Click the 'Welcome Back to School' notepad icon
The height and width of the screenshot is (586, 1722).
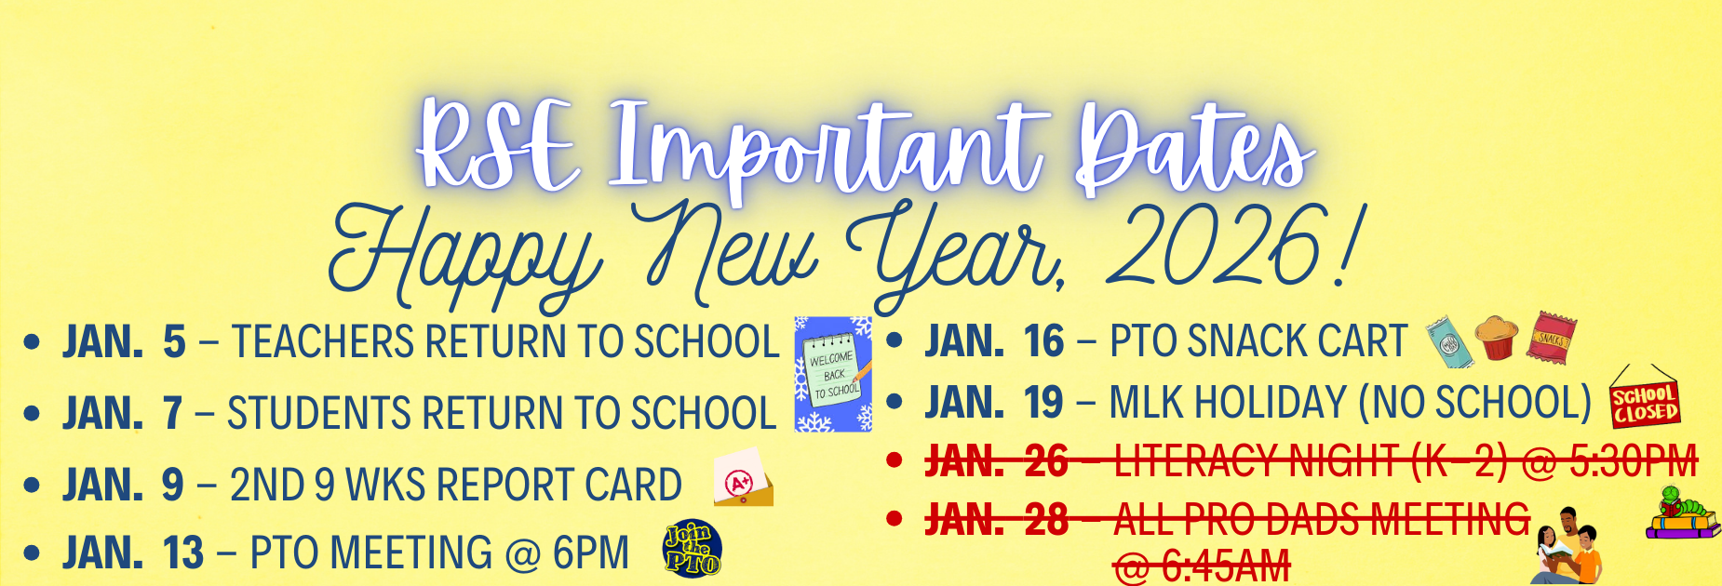[x=833, y=375]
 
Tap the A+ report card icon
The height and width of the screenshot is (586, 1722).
[x=743, y=478]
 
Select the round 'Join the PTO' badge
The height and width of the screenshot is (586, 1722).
[x=692, y=549]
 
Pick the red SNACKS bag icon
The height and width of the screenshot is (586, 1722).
[x=1551, y=337]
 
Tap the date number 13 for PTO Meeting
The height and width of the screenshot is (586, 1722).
[x=183, y=553]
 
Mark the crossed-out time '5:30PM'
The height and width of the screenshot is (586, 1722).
[x=1634, y=460]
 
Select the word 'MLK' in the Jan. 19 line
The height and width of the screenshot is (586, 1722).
[x=1147, y=403]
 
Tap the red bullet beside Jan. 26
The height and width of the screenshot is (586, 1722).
[x=895, y=459]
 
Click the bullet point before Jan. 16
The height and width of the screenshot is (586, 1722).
[x=895, y=341]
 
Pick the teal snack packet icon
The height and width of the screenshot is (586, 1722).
[x=1450, y=340]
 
